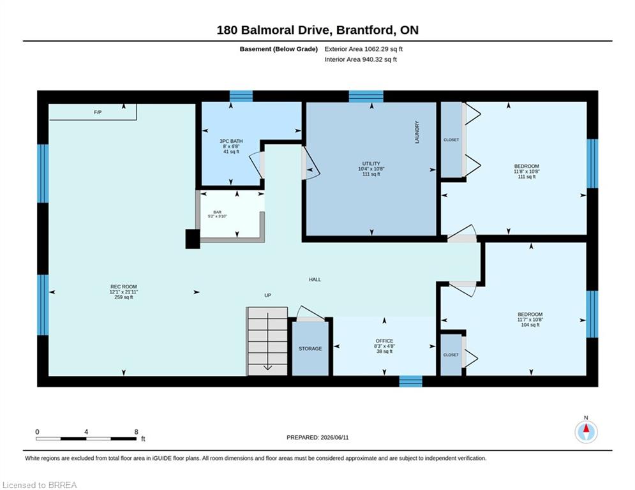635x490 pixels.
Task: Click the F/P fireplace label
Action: click(98, 112)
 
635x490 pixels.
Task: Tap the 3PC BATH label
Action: click(231, 141)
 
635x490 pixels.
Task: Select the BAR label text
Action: click(218, 212)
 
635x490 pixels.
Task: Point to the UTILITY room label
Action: click(371, 163)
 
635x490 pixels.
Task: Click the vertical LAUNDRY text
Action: click(417, 132)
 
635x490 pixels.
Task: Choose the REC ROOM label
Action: click(124, 286)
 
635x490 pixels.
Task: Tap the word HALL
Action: click(315, 279)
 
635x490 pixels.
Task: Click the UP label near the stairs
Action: click(267, 295)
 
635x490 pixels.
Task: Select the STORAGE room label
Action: click(310, 348)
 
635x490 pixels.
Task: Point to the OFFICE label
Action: click(384, 341)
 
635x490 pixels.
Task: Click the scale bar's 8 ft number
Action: click(136, 432)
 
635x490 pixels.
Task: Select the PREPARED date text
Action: click(318, 437)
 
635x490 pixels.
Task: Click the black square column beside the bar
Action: click(193, 239)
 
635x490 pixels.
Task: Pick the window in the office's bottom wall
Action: click(410, 381)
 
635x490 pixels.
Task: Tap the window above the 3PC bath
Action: click(241, 96)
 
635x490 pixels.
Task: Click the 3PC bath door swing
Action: click(257, 165)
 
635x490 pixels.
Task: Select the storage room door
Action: click(311, 313)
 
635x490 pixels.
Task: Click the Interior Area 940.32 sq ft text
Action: click(361, 59)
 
